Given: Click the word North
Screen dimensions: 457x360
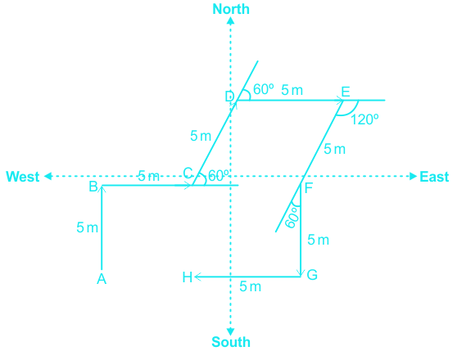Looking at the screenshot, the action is coord(231,9).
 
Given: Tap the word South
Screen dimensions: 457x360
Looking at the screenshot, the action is coord(231,342).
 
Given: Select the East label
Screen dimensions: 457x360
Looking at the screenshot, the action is coord(434,177).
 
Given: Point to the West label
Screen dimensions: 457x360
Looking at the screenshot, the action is coord(23,177).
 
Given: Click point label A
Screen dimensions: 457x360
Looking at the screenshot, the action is coord(102,279).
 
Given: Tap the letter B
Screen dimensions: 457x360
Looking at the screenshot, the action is coord(93,187).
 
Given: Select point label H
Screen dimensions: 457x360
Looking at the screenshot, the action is coord(187,277).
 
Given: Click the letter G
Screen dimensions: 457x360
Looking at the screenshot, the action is coord(312,275).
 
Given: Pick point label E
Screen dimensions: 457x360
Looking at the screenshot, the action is coord(346,92).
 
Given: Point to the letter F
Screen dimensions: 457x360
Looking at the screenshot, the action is coord(309,188).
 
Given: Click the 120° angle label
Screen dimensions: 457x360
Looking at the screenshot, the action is coord(364,119).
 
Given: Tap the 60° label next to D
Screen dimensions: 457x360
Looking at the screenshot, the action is coord(264,89).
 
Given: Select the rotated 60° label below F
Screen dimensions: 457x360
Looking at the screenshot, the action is coord(292,218).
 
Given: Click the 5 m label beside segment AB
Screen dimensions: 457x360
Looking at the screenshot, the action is coord(87,227).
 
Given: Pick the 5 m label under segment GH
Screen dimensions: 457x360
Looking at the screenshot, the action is coord(250,287).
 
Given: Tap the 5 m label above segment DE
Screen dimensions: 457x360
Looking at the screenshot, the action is coord(292,90).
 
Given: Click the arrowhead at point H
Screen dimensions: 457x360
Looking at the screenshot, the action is coord(197,277).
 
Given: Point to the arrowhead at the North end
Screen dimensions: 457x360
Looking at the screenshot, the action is coord(230,20).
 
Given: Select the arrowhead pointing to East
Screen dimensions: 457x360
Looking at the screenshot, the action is coord(413,176).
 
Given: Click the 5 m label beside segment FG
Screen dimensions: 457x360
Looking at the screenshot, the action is coord(319,241).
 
